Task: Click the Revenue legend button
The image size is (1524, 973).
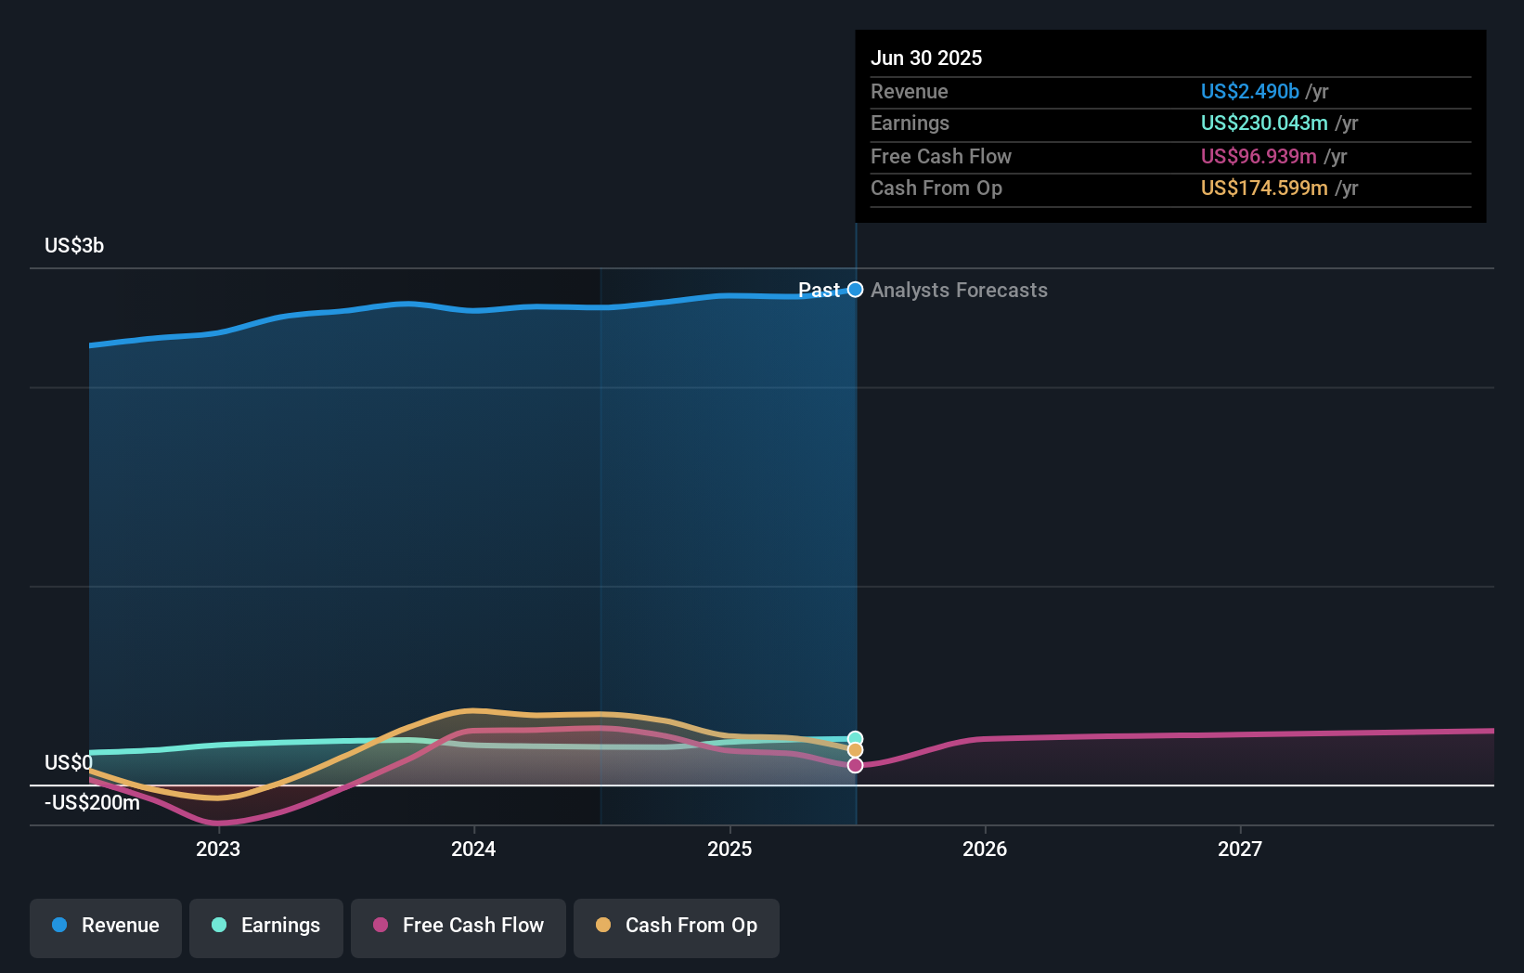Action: point(106,926)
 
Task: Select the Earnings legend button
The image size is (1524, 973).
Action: point(266,926)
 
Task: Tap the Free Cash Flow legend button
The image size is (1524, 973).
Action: point(458,926)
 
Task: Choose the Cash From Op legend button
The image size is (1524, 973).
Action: point(677,926)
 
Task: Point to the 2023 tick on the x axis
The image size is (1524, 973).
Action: point(218,849)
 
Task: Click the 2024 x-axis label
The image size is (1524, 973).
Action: point(473,849)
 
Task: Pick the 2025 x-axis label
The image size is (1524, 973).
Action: point(730,849)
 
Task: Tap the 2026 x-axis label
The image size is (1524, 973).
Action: point(985,849)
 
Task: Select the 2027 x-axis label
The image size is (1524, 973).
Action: point(1240,849)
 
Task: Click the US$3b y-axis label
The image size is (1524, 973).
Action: point(74,246)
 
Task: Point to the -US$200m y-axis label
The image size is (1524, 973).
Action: point(92,803)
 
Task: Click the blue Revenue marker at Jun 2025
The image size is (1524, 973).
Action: point(856,290)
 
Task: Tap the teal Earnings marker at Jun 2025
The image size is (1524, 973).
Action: point(856,739)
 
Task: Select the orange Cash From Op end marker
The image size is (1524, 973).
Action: point(856,750)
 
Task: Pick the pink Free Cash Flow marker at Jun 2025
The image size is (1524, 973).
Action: point(856,765)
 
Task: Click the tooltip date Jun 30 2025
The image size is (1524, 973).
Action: point(926,58)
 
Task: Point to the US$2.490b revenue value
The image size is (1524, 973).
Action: point(1249,92)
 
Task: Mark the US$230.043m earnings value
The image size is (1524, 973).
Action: point(1263,123)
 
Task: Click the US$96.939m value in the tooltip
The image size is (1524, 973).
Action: point(1258,157)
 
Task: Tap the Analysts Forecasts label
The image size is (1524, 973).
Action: point(959,291)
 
